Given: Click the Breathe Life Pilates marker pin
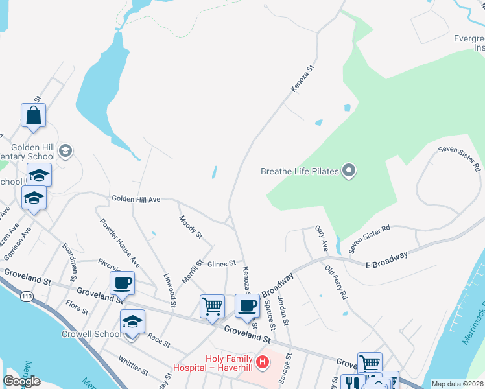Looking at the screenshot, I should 349,171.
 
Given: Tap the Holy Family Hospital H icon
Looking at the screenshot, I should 263,362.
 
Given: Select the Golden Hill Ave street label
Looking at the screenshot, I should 136,199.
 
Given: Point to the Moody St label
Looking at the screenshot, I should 191,226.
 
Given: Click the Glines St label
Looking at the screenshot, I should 221,263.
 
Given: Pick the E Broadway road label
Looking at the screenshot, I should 386,259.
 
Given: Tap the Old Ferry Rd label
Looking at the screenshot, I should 337,281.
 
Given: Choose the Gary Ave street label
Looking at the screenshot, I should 321,239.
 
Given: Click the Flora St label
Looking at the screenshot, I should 77,307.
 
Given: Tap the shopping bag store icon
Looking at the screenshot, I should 33,116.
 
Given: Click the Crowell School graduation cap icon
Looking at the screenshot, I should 132,322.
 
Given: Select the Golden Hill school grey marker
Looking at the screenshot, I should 65,151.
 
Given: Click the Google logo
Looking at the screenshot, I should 21,381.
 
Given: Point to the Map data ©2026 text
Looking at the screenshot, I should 456,384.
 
